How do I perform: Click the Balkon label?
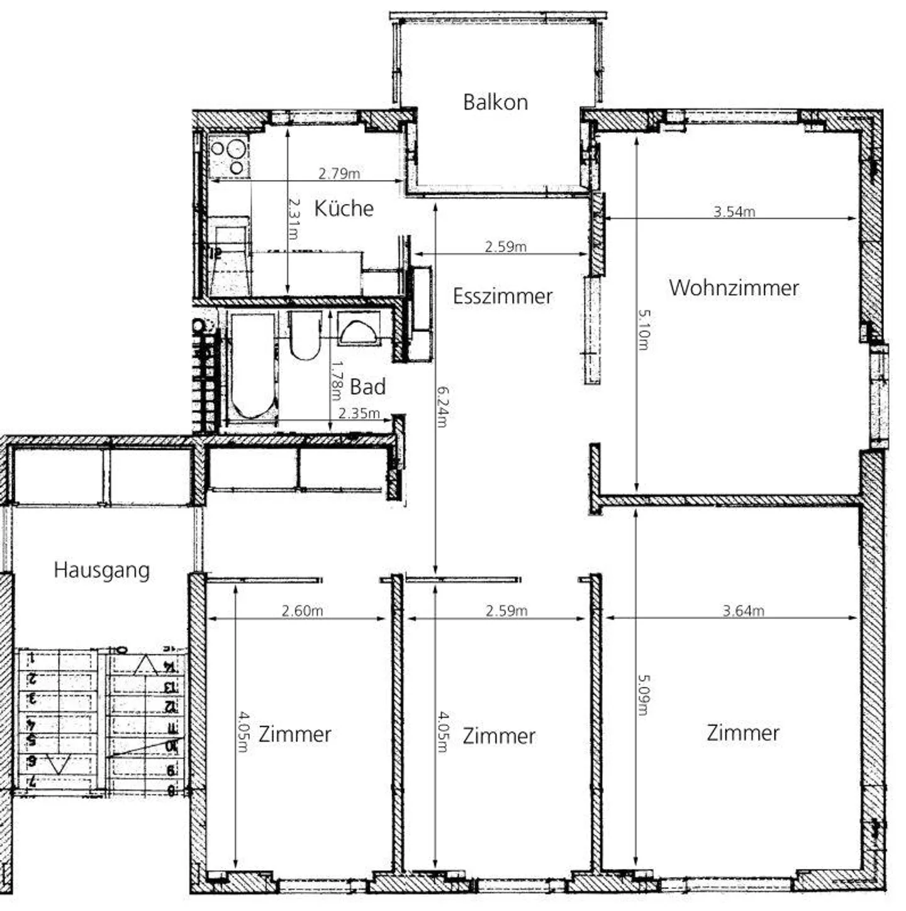coord(495,102)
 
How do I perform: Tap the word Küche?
coord(344,208)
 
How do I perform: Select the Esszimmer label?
coord(502,296)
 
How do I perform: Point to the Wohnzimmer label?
coord(734,288)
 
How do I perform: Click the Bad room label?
coord(367,387)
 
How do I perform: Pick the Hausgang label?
coord(101,570)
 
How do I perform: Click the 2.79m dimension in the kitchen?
coord(339,173)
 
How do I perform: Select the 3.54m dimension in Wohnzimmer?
coord(734,212)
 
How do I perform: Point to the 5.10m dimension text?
coord(644,329)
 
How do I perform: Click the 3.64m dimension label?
coord(743,610)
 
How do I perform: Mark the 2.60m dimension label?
coord(302,610)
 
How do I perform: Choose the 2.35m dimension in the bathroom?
coord(359,414)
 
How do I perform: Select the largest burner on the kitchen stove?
coord(237,149)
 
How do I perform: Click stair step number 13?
coord(169,686)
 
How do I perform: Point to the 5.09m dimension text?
coord(644,694)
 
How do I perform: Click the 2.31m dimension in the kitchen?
coord(294,218)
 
